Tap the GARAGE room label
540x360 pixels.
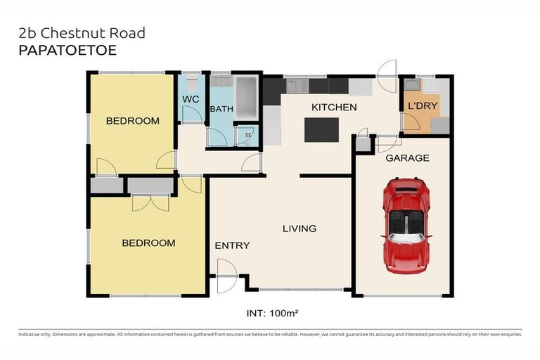coord(406,158)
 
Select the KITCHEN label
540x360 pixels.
coord(334,108)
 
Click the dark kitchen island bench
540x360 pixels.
coord(321,130)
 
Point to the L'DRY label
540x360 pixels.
coord(420,107)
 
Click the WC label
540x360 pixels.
coord(191,100)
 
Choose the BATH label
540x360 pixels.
coord(221,109)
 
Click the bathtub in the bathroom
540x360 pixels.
coord(247,98)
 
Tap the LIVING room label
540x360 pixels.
coord(300,229)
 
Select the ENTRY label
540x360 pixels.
coord(232,245)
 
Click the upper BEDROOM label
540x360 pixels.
coord(132,121)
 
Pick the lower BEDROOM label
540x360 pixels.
coord(148,243)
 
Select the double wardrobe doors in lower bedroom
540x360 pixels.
coord(150,201)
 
